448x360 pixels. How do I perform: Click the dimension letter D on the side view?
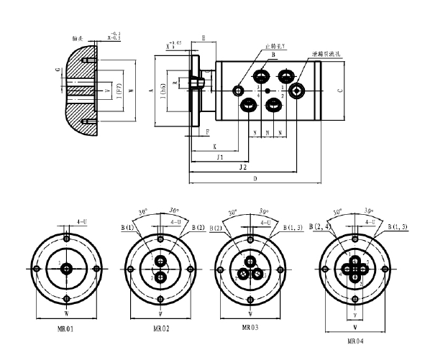click(x=255, y=177)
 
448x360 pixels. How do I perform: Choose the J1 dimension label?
click(x=219, y=156)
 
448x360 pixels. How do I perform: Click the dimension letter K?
click(x=215, y=145)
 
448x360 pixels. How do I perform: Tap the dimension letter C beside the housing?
click(x=339, y=91)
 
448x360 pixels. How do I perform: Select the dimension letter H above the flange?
click(x=204, y=38)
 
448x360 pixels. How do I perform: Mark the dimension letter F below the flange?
click(x=208, y=133)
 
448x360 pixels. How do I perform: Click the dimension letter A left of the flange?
click(x=150, y=91)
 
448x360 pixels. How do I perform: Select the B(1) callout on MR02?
click(x=127, y=229)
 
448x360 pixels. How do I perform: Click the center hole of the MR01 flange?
click(x=66, y=268)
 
